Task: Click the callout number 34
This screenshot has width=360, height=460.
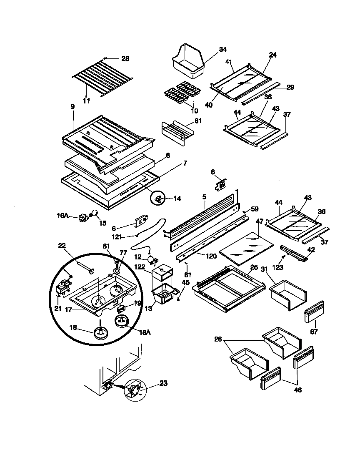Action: (x=222, y=49)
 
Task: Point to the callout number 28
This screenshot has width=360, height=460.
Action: (x=125, y=58)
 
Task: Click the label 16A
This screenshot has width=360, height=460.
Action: (x=63, y=216)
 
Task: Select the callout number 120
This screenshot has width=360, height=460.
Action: (x=211, y=256)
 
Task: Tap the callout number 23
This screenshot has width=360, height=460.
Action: (x=163, y=383)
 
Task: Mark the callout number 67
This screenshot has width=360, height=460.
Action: (x=314, y=332)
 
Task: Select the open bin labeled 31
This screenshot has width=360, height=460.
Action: (x=288, y=294)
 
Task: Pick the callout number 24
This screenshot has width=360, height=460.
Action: (x=272, y=55)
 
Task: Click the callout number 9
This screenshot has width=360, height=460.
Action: (x=72, y=107)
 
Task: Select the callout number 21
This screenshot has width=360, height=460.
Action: (x=57, y=309)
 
